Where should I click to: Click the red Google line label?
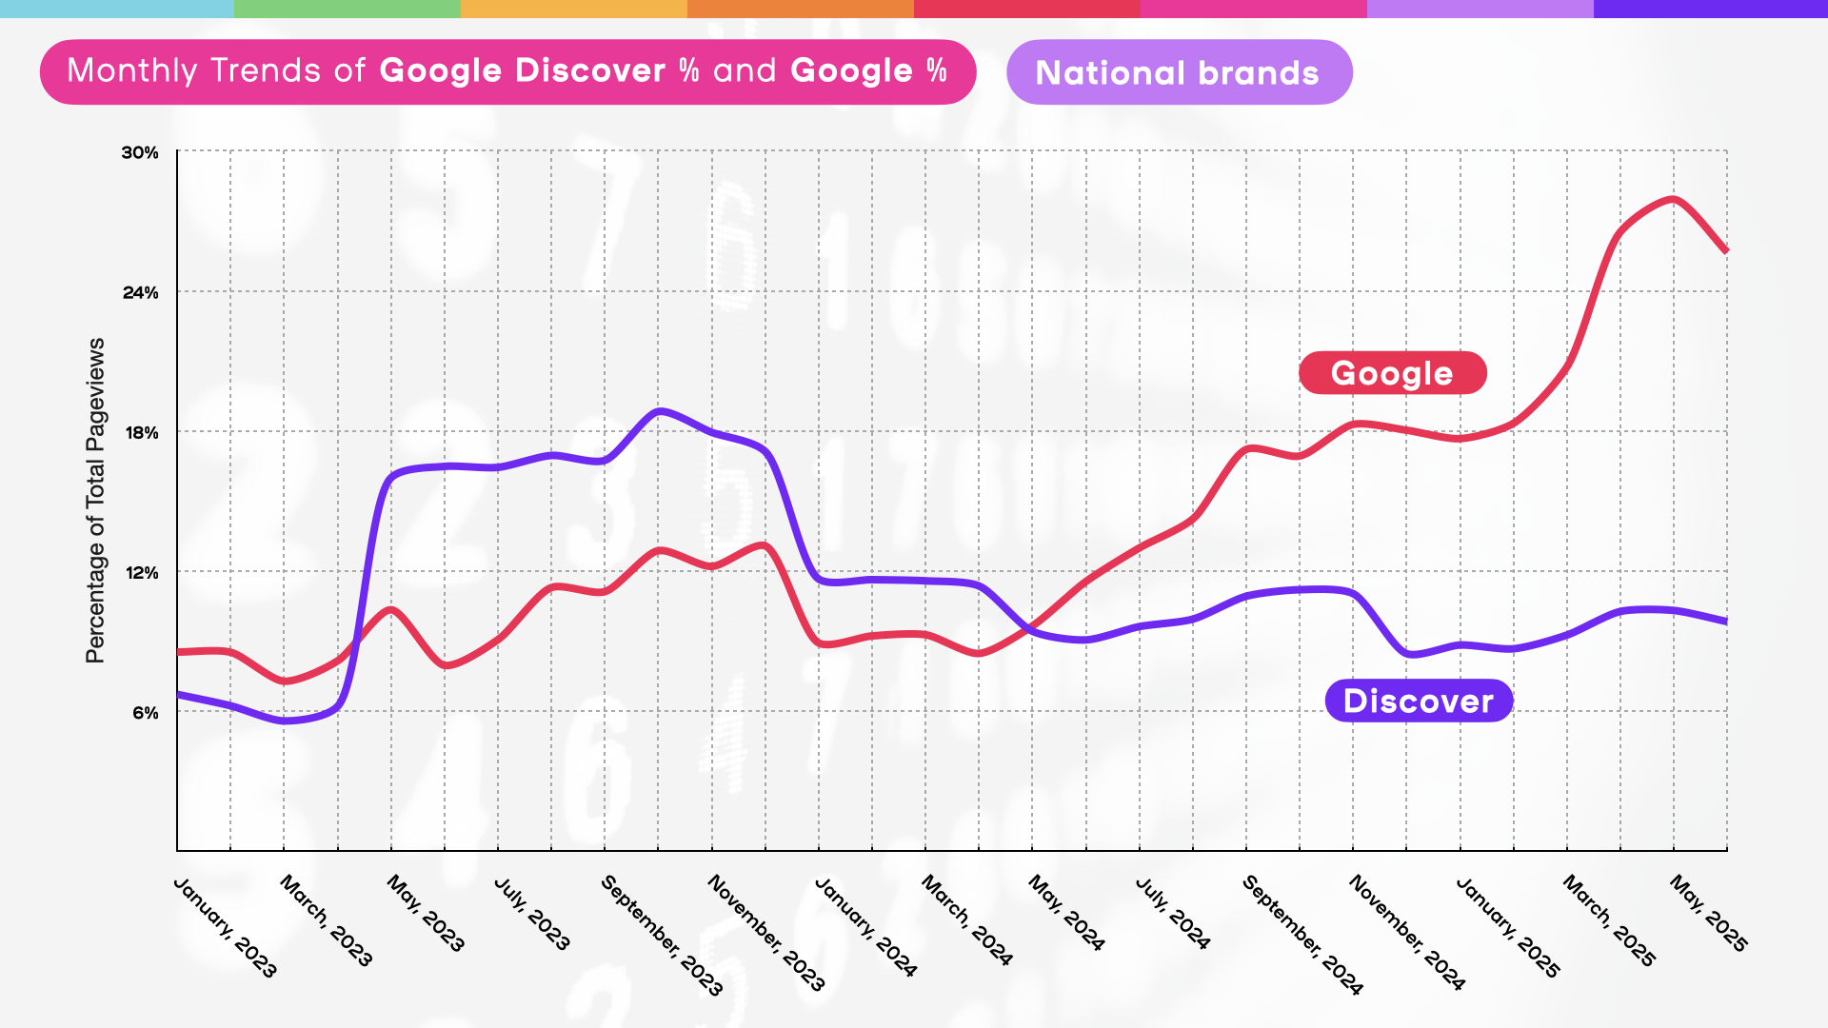1392,373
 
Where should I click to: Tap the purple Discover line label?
1418,702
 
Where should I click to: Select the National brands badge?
1179,72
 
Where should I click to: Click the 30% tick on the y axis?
140,152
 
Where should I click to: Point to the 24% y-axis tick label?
140,292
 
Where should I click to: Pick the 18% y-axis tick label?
142,432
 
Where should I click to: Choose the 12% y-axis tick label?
142,572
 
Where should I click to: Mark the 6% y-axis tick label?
146,712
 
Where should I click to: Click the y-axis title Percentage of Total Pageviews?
95,501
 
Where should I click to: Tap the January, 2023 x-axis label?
226,927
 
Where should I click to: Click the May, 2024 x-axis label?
1066,913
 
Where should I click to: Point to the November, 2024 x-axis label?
1406,933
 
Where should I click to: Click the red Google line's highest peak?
1674,199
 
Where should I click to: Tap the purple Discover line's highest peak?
660,411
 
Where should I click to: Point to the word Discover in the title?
590,71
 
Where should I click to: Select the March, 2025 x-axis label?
1609,920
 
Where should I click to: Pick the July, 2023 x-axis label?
532,914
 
